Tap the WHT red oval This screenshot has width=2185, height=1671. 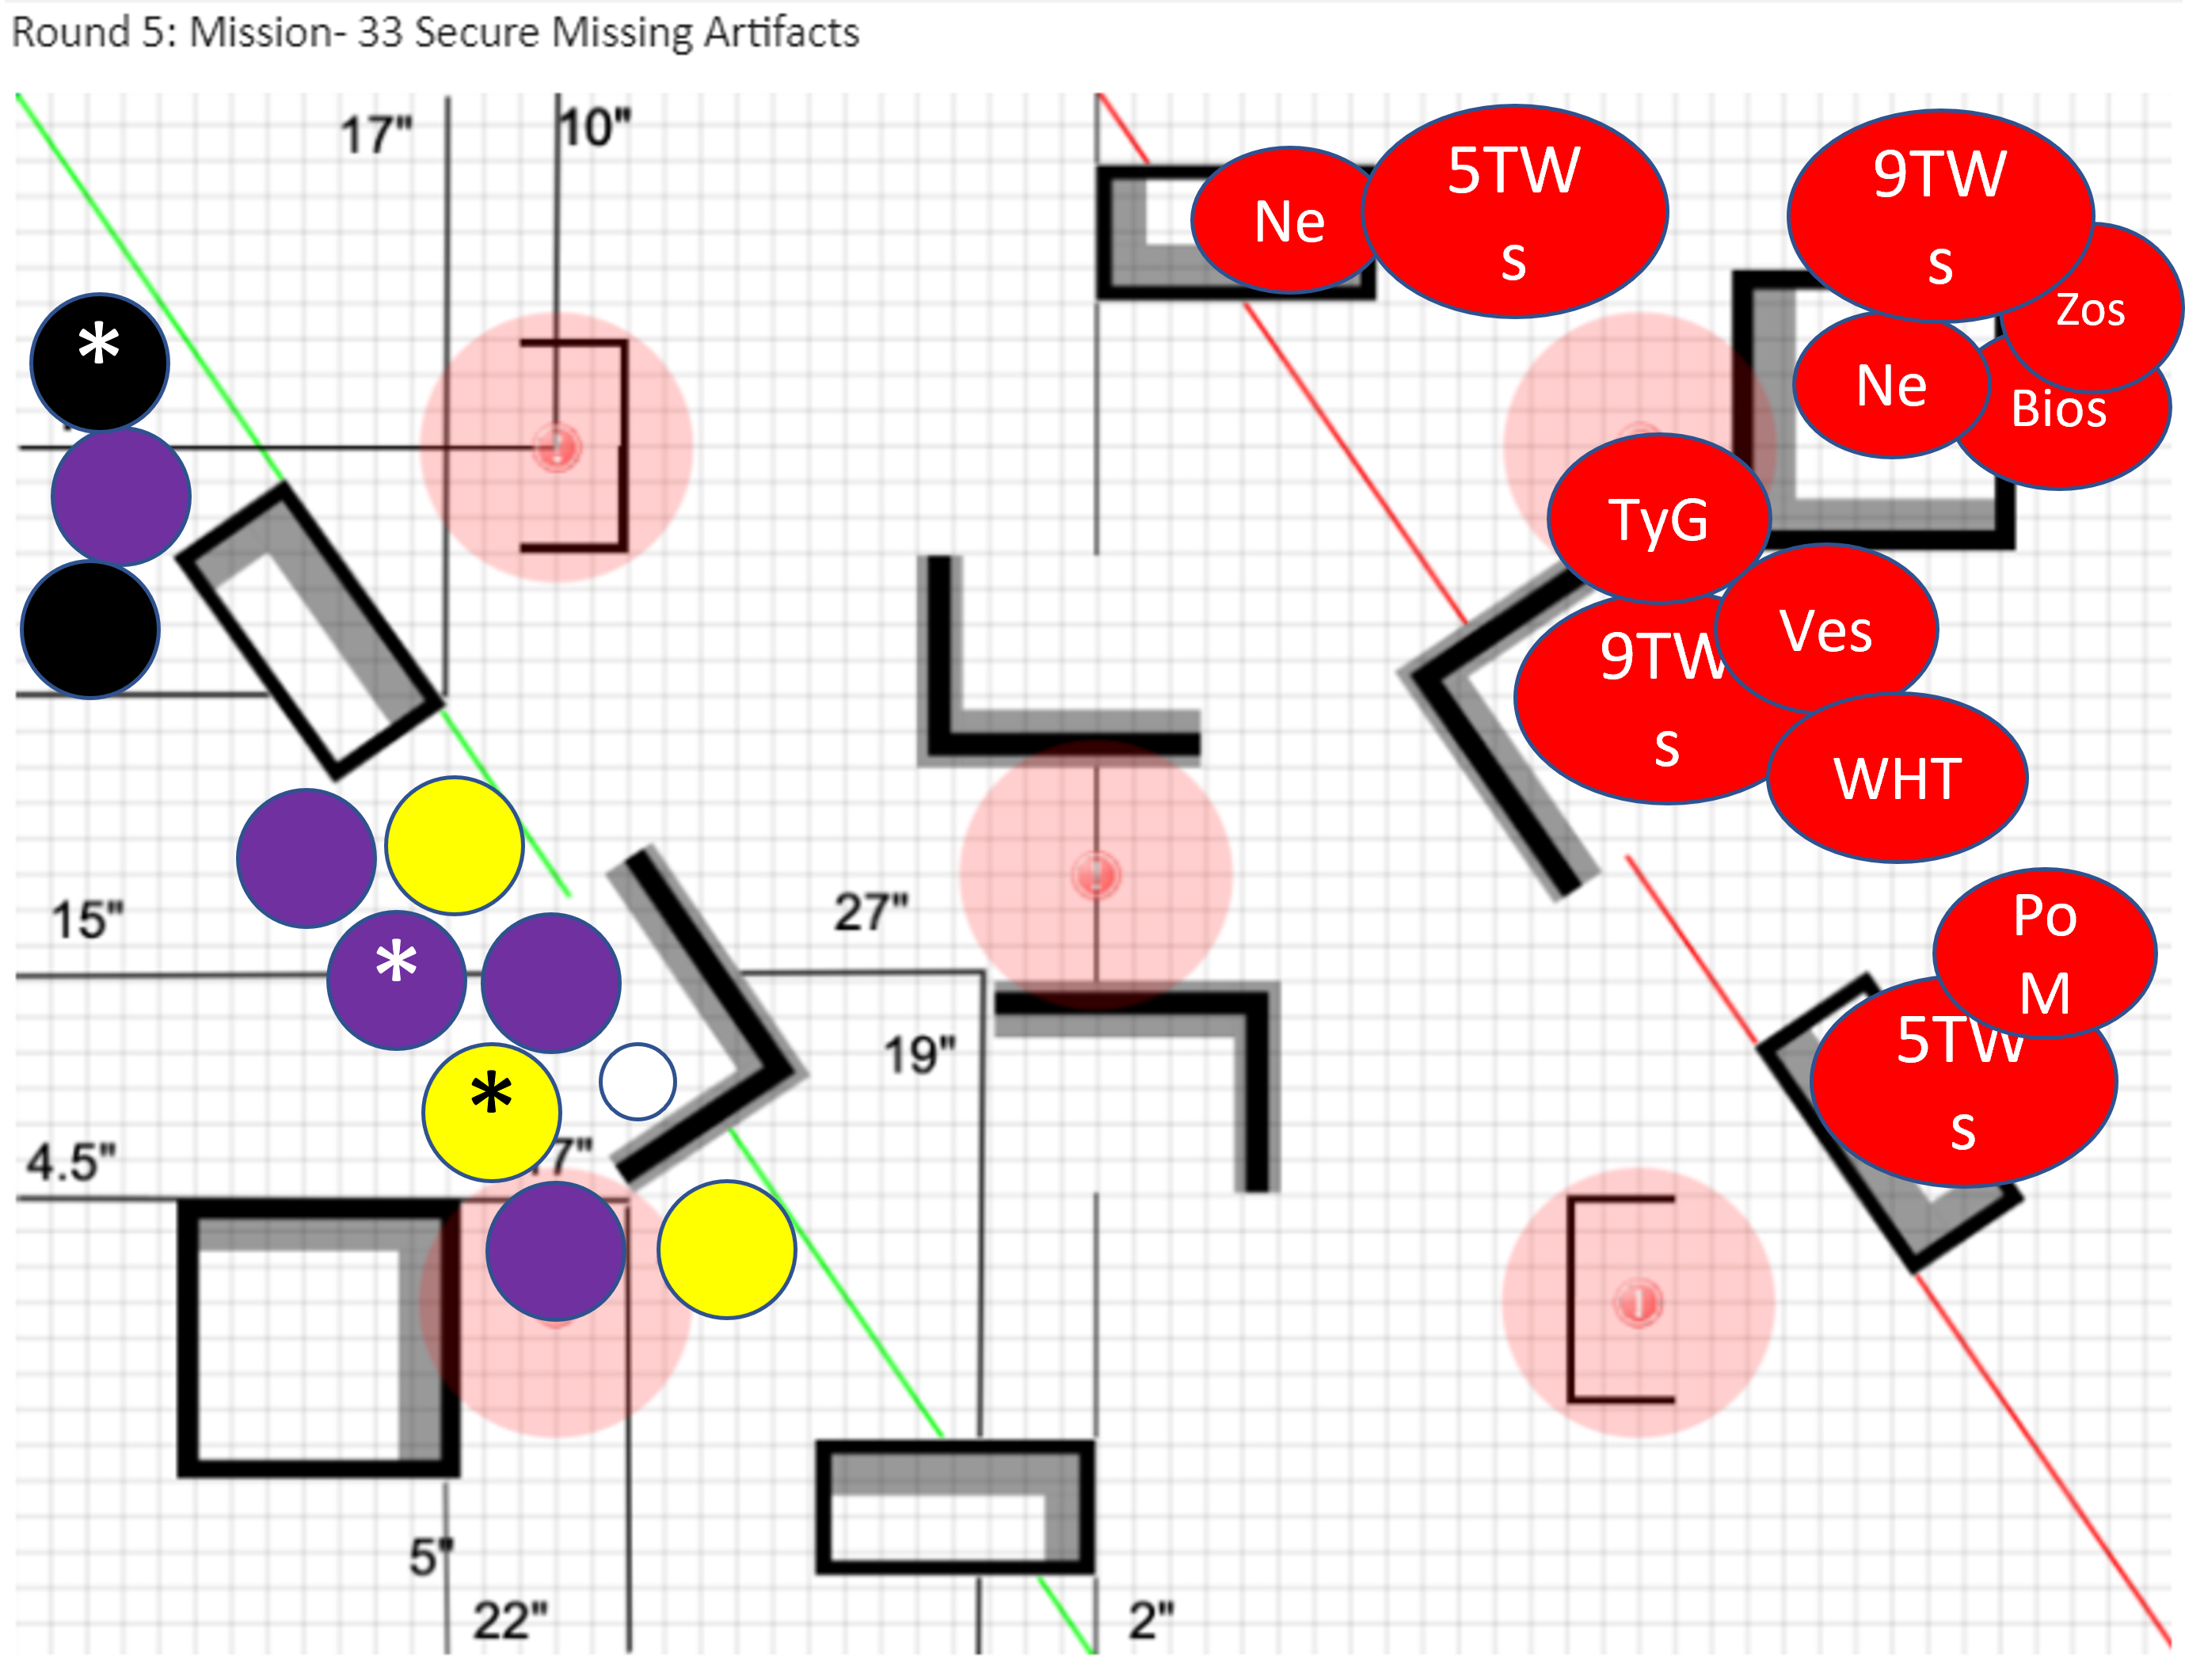1897,778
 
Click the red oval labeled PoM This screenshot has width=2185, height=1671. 2045,953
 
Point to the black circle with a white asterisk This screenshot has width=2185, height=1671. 100,362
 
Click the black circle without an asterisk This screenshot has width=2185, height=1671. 90,629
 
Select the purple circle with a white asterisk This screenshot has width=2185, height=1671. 396,980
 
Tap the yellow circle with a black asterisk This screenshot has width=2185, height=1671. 491,1111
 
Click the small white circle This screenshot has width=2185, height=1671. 638,1081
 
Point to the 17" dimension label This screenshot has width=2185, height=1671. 376,135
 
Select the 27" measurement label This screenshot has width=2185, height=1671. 871,912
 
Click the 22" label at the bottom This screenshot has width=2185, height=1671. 510,1620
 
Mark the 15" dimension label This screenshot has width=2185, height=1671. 88,920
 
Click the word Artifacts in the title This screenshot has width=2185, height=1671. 781,32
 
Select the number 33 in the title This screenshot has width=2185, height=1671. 379,32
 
